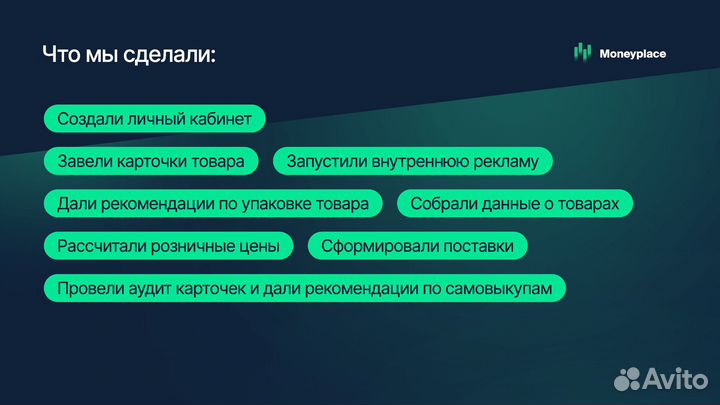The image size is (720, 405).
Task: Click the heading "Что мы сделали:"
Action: tap(129, 54)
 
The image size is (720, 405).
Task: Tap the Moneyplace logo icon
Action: tap(582, 53)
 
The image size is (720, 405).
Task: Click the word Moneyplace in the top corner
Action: tap(633, 54)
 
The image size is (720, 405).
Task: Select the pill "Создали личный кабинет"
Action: tap(154, 118)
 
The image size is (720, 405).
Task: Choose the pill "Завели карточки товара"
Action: tap(151, 161)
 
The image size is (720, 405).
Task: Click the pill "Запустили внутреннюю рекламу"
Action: tap(413, 161)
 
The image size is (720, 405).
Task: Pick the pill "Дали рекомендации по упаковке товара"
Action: tap(213, 204)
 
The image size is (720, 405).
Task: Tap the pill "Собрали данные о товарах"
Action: tap(515, 204)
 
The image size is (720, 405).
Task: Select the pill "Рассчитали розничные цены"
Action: tap(169, 246)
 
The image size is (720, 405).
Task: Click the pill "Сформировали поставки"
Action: tap(417, 246)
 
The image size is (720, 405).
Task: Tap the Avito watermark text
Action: tap(676, 377)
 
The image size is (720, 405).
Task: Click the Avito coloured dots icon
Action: tap(628, 377)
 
